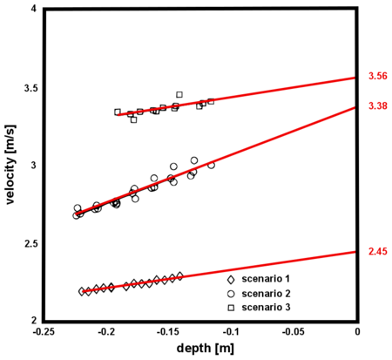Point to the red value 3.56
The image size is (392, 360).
click(x=377, y=77)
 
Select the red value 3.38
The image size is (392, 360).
click(x=377, y=106)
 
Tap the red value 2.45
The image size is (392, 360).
click(x=377, y=251)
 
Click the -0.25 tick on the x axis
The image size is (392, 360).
click(x=44, y=332)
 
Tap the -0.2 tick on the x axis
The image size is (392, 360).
click(x=106, y=332)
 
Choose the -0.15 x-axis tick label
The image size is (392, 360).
click(x=169, y=332)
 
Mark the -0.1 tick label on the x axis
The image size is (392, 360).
click(x=232, y=332)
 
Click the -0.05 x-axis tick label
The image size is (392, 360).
click(x=294, y=332)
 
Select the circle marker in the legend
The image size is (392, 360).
click(x=231, y=294)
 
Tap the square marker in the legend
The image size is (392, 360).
click(x=231, y=308)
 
